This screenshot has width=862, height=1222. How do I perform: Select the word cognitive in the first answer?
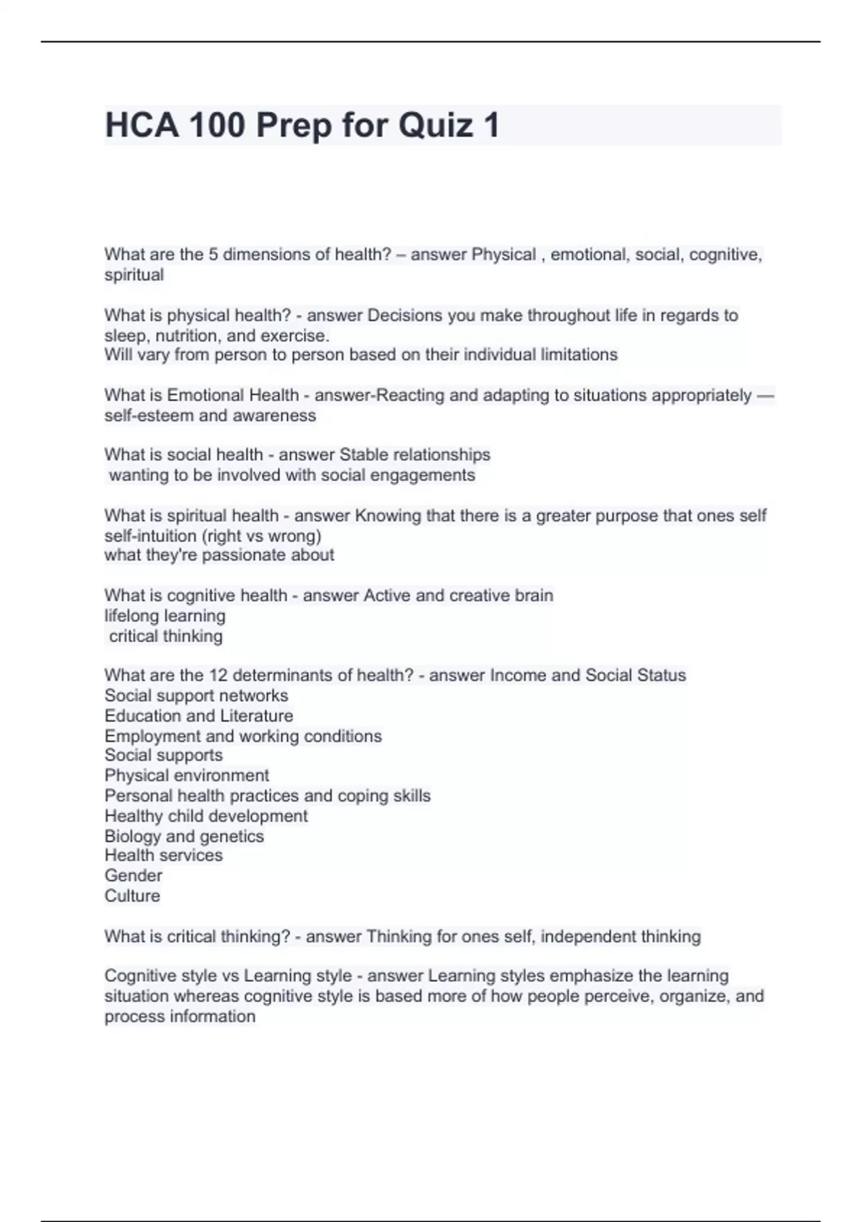724,254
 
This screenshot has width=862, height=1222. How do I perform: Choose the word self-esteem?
149,415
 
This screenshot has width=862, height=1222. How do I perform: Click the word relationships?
445,455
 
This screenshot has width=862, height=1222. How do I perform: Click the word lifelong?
132,616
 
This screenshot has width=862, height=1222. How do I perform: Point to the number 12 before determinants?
218,676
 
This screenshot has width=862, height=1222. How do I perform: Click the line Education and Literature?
198,716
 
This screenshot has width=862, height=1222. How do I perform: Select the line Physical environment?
187,776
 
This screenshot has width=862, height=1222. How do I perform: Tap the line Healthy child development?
205,816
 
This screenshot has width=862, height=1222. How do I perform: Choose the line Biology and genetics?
184,836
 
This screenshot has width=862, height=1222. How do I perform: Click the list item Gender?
133,876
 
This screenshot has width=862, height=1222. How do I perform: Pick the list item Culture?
132,896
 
